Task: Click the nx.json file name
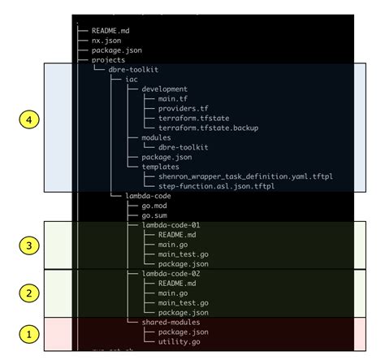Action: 107,39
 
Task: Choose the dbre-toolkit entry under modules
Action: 184,147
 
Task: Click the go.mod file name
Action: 147,206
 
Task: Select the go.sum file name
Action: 147,216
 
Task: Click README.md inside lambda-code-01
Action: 178,235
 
